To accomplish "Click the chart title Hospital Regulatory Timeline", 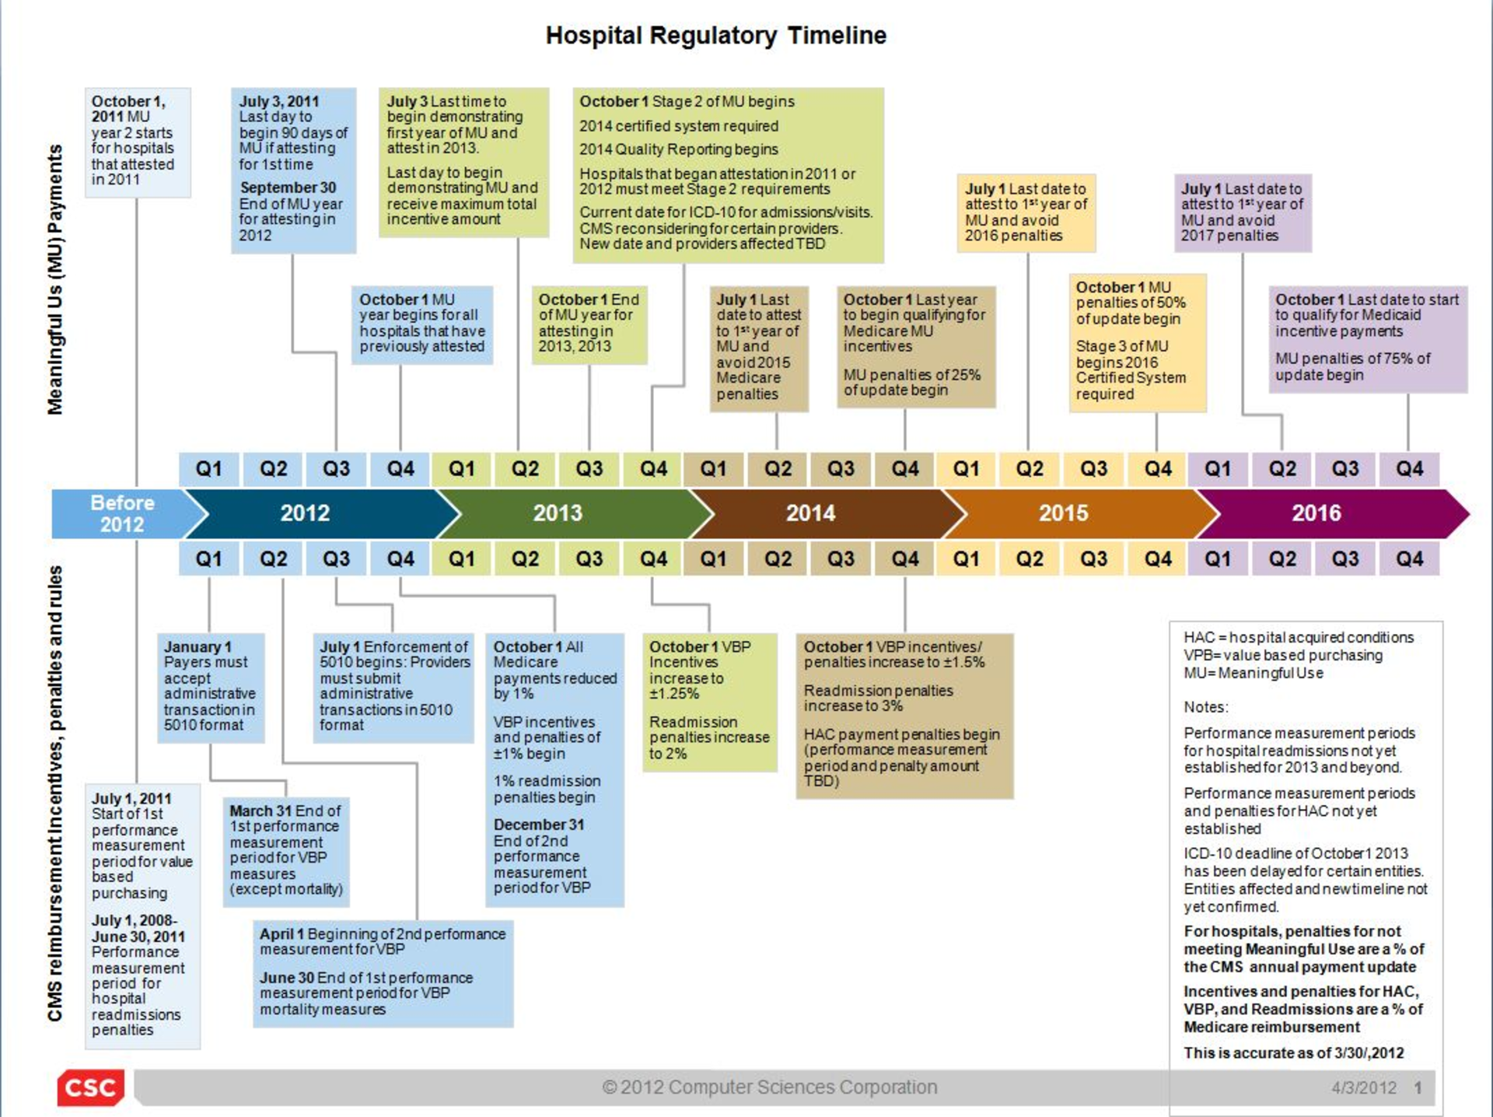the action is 715,35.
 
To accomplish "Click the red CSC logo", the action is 90,1087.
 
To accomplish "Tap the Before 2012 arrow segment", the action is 124,513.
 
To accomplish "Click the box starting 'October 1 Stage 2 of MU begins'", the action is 728,175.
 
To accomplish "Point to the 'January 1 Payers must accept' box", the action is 211,688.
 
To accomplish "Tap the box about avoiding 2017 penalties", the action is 1243,213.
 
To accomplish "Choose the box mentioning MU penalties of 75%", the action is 1368,339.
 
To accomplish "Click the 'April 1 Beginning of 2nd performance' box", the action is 383,973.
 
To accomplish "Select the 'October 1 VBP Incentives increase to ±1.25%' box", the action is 709,702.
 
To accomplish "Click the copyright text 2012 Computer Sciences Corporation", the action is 770,1087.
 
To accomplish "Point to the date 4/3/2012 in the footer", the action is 1364,1087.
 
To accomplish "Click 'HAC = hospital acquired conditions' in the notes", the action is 1299,637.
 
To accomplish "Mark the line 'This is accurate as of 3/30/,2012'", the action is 1294,1052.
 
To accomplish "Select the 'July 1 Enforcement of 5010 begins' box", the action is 393,688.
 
